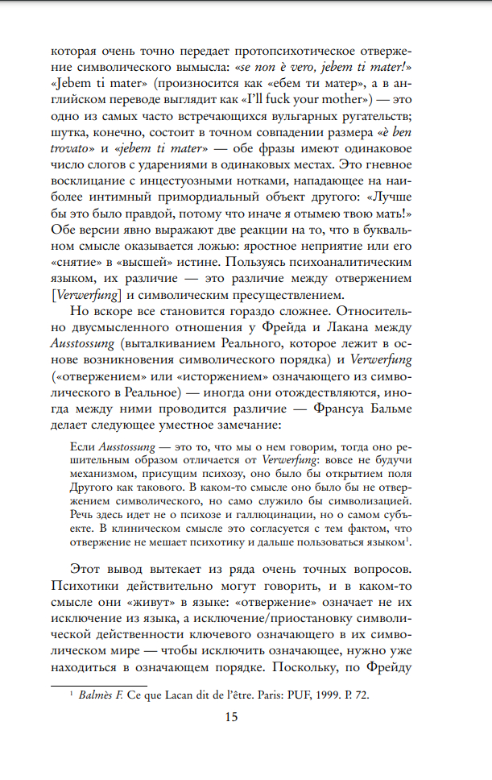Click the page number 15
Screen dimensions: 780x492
click(x=230, y=720)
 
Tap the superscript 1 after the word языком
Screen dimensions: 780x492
click(x=436, y=538)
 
